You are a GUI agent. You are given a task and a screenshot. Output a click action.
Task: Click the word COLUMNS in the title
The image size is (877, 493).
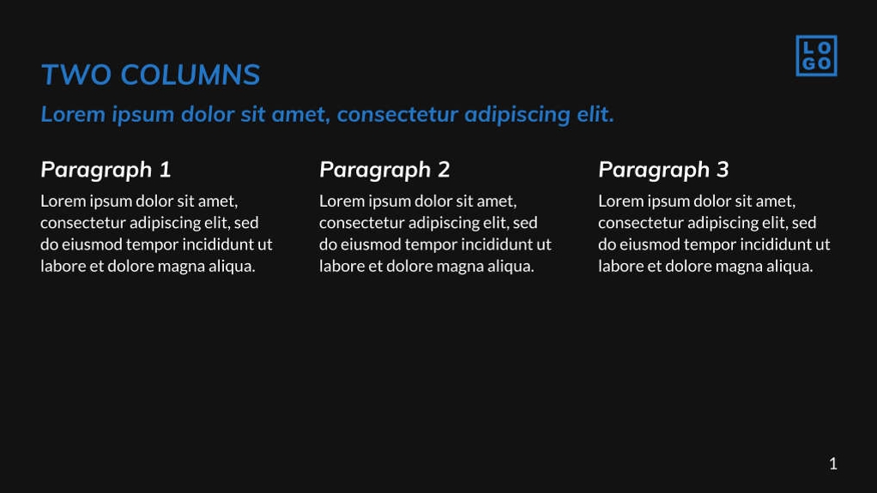point(190,75)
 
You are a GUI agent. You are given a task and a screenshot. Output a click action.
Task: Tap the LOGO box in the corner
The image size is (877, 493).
point(815,56)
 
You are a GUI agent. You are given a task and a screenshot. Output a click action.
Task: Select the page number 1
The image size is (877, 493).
point(832,464)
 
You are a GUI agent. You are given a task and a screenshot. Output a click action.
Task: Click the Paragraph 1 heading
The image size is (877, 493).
point(106,170)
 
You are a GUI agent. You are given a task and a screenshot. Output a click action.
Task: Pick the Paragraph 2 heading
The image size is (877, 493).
point(384,170)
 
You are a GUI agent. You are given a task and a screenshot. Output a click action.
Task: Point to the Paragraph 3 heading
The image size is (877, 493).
point(663,170)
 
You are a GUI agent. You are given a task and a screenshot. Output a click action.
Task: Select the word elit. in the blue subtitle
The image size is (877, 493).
point(595,114)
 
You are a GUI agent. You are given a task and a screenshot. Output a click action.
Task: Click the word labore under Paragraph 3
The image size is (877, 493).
point(620,266)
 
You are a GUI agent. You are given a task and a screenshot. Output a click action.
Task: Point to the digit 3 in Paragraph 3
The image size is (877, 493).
point(723,170)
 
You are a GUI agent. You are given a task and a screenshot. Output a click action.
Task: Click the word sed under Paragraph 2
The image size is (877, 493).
point(524,223)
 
